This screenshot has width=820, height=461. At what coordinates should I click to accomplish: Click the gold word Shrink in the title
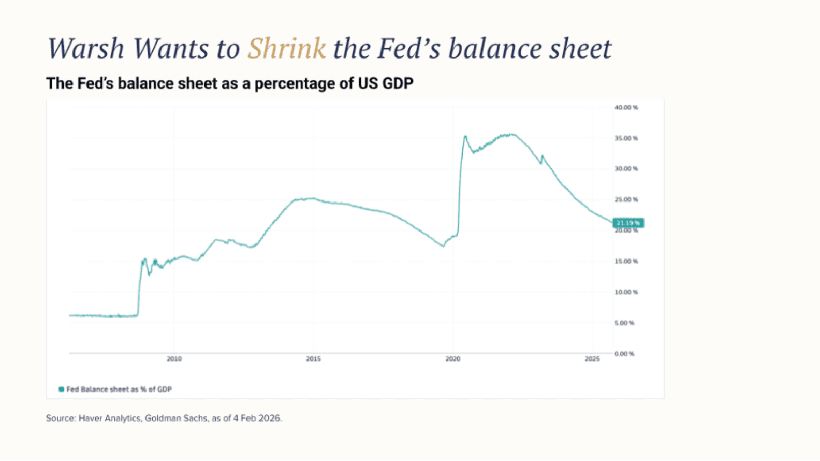(286, 49)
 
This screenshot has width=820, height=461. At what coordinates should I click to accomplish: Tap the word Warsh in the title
(86, 49)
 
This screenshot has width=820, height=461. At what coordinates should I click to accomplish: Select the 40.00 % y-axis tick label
(626, 108)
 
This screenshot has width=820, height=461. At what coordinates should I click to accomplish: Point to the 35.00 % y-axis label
(626, 138)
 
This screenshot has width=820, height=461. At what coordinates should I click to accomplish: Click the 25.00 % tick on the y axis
(626, 199)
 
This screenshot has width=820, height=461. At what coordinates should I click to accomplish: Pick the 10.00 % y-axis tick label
(626, 292)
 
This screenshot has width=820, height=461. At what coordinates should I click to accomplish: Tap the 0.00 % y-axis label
(624, 354)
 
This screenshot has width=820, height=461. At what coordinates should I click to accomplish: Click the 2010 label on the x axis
(174, 359)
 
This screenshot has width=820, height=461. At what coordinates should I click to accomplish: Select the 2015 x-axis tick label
(313, 359)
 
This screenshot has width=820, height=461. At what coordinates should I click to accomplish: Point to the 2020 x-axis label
(452, 359)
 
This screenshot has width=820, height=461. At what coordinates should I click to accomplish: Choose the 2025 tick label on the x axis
(592, 359)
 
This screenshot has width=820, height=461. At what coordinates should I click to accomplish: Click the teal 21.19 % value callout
(628, 223)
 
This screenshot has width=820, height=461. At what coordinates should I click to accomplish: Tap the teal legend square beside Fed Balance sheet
(61, 390)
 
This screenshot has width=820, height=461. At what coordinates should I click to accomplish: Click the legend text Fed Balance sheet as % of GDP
(119, 390)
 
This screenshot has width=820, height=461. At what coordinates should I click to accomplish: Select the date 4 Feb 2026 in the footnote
(257, 418)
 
